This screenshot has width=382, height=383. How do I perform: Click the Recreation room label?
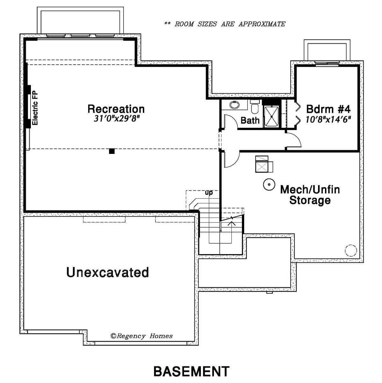click(116, 109)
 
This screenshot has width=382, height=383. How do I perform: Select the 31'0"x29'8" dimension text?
click(117, 119)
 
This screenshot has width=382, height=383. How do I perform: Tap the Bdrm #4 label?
click(328, 109)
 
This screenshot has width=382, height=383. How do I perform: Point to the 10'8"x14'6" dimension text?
click(328, 119)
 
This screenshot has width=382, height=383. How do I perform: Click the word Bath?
click(250, 120)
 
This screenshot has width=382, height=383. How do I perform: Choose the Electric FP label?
click(35, 108)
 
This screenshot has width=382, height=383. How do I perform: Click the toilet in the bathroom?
click(254, 107)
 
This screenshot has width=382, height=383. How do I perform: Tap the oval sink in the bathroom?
click(234, 105)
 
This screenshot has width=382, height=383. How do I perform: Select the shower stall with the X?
click(272, 117)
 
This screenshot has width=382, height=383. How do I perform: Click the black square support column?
click(112, 151)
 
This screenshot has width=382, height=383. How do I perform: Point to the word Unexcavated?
click(108, 272)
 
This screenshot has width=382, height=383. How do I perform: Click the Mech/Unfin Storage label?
click(310, 195)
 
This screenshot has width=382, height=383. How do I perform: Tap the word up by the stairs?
click(209, 192)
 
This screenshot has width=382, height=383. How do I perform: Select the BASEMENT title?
click(192, 371)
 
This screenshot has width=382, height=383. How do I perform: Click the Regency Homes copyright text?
click(141, 336)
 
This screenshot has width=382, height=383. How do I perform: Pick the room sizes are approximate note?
click(225, 24)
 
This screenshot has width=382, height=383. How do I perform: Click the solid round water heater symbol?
click(269, 184)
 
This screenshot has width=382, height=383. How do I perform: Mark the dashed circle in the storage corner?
click(351, 250)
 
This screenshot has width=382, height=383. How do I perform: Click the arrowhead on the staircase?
click(231, 223)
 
